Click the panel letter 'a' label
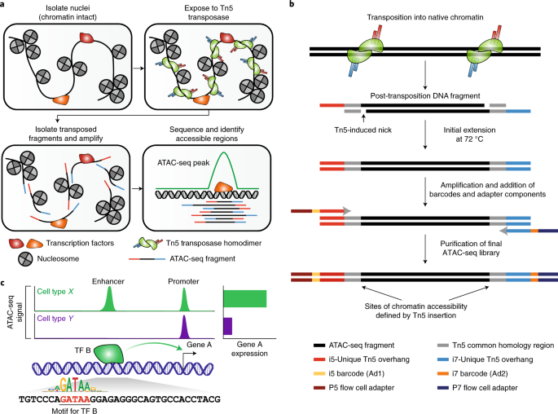[x=4, y=6]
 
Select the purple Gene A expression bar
[x=227, y=327]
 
